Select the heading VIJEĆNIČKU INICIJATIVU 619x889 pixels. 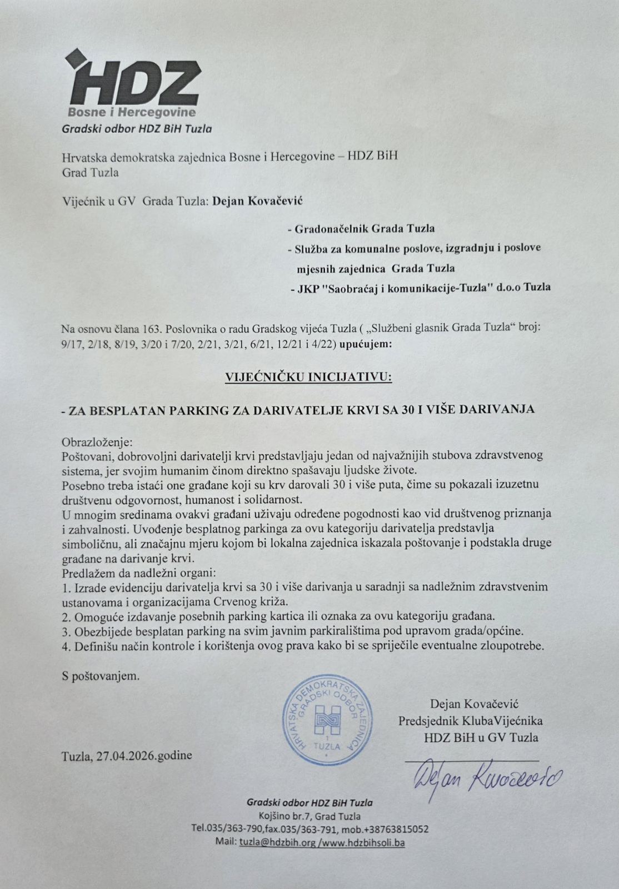point(308,377)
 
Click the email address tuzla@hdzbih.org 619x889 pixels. point(277,842)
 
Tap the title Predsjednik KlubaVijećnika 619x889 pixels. point(470,721)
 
